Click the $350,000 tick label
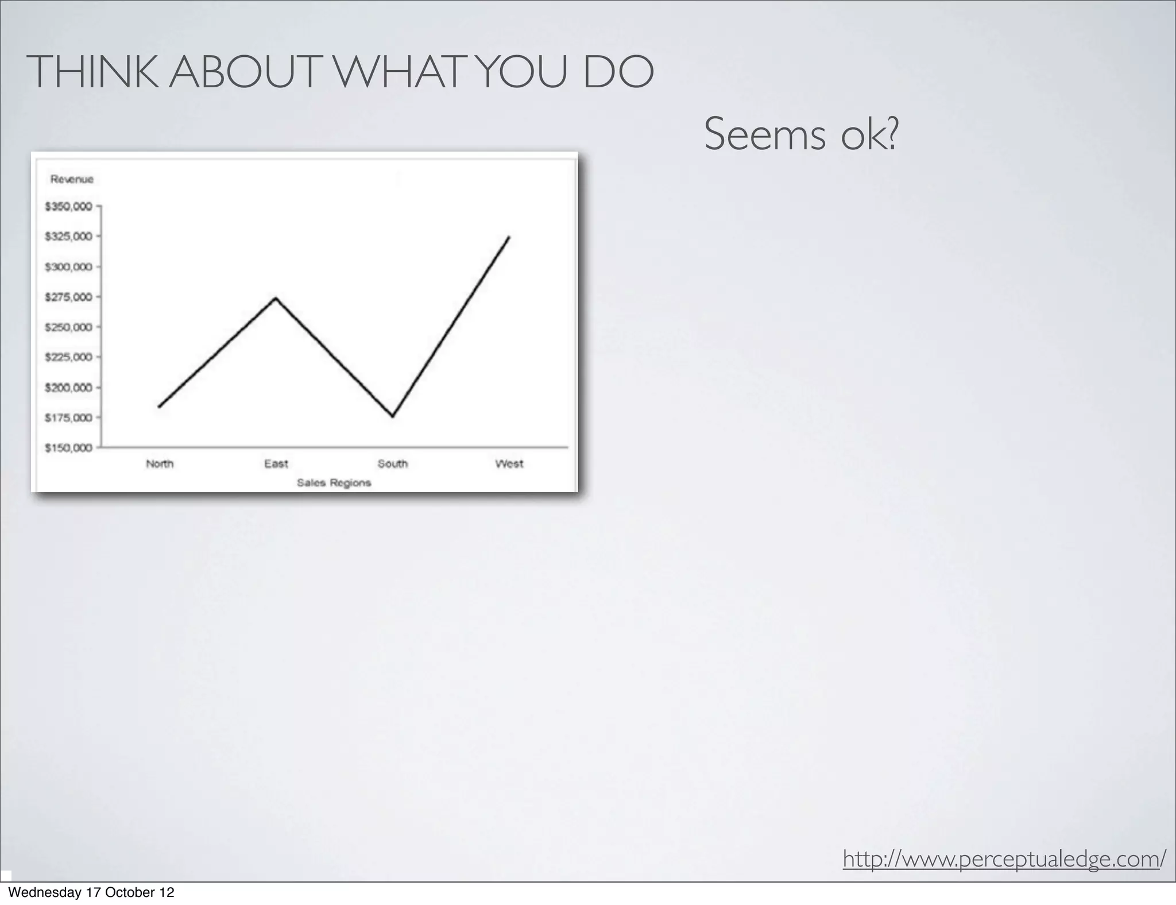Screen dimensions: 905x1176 [68, 206]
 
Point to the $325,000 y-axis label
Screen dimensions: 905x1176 [68, 237]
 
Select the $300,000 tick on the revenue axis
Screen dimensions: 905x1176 [68, 266]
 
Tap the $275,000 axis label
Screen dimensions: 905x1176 [68, 297]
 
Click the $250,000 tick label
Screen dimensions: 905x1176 [68, 327]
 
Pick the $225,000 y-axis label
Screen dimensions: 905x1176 [68, 357]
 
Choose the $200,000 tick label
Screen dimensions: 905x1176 [68, 388]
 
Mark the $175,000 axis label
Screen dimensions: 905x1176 [68, 417]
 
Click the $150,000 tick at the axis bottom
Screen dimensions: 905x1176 [68, 448]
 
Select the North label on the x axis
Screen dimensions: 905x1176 [160, 464]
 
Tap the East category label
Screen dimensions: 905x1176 [276, 464]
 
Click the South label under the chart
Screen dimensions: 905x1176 [393, 464]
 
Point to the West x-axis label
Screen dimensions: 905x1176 [509, 464]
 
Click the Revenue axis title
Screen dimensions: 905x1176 [72, 179]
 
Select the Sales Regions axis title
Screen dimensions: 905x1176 [334, 483]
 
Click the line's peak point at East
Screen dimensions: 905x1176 [276, 298]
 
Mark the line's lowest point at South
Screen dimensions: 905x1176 [393, 416]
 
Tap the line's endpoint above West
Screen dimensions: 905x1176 [509, 237]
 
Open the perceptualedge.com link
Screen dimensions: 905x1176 [1004, 859]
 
